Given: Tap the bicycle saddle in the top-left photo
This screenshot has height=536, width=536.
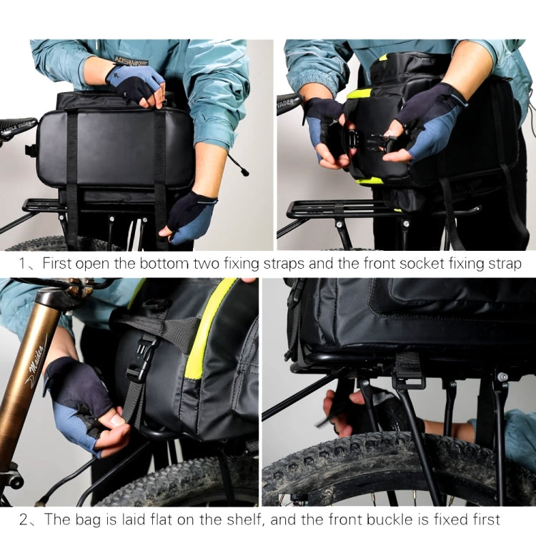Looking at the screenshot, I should [16, 129].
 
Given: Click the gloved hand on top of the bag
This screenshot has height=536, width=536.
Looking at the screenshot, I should [137, 83].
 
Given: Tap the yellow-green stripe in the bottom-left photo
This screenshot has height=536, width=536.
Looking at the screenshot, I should [203, 329].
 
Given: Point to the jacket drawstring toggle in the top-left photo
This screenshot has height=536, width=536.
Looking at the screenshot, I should [244, 172].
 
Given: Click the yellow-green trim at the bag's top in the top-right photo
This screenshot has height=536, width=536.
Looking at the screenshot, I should [360, 94].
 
